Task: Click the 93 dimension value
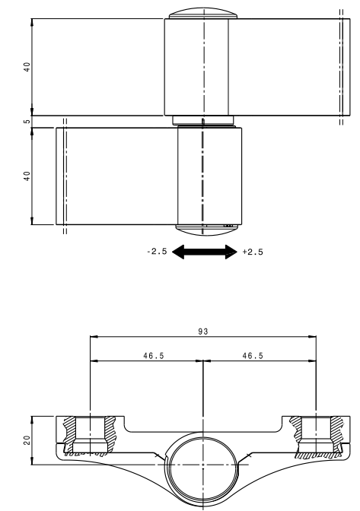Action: [x=202, y=332]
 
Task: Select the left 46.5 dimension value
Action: [x=154, y=356]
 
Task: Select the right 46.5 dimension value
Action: [x=253, y=356]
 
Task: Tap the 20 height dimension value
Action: [x=27, y=440]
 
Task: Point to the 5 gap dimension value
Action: [x=27, y=122]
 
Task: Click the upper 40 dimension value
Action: [x=27, y=67]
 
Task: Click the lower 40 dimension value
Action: [x=27, y=176]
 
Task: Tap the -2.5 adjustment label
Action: [x=157, y=251]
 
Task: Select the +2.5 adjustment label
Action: [x=253, y=252]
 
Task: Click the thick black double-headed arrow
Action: [x=205, y=252]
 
